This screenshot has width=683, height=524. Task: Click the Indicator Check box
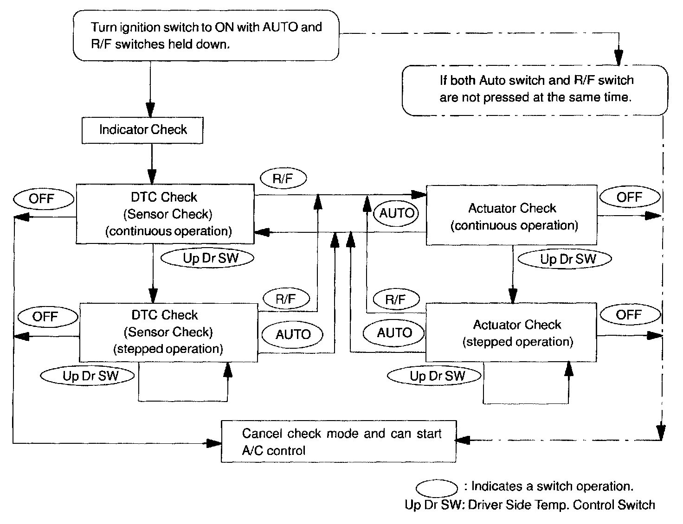142,130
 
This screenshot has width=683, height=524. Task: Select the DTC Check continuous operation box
165,214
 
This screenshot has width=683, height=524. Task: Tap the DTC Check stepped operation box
168,332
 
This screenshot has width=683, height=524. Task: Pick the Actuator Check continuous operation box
511,215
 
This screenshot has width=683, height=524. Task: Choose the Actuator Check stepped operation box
511,332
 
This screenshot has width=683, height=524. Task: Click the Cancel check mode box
338,441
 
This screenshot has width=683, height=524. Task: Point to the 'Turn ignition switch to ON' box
206,36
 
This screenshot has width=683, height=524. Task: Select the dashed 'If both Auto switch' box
535,89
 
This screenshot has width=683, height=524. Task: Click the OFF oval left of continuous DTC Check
42,199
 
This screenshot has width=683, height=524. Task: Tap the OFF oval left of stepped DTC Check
45,317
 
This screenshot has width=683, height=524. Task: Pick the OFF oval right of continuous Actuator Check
629,198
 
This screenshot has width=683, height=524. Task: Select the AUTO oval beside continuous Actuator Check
396,213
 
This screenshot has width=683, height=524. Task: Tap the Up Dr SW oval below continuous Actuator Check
564,259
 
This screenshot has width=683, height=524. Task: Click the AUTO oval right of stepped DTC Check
293,334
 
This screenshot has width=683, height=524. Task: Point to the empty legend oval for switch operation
437,488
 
